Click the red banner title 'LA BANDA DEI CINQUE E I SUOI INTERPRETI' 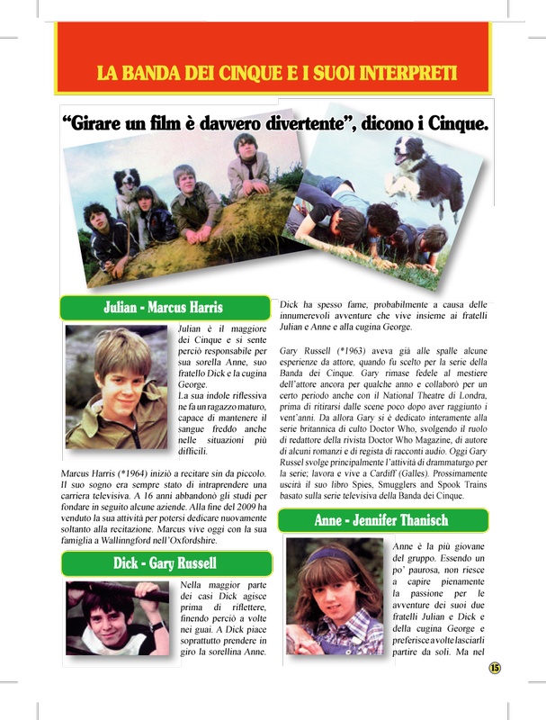[x=277, y=71]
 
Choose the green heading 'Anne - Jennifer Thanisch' [x=381, y=520]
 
